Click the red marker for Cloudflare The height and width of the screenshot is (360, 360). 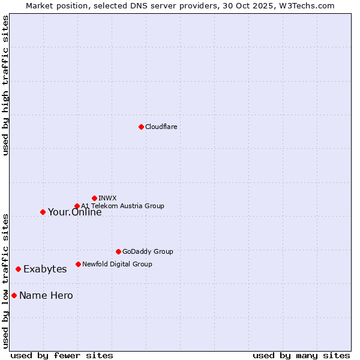pos(141,127)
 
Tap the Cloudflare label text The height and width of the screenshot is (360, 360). pos(161,127)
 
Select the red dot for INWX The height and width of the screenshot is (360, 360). pos(94,198)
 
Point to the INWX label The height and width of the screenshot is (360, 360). pos(107,198)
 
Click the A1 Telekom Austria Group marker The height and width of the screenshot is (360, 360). pos(77,206)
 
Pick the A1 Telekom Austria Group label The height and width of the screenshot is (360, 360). pos(122,206)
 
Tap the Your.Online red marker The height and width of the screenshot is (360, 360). pos(43,212)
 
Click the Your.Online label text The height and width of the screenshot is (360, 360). pos(74,212)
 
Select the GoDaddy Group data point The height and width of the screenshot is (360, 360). pos(118,251)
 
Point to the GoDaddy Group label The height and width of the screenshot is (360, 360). pos(147,251)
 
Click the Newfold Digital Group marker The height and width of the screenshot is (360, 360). pos(78,264)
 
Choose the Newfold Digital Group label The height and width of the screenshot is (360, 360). pos(117,264)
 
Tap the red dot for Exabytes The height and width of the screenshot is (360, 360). pos(18,269)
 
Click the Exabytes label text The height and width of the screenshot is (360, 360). pos(45,269)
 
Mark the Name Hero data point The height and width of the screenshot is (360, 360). pos(14,295)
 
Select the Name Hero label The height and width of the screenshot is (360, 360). pos(46,295)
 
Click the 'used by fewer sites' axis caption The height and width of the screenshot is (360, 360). pos(62,355)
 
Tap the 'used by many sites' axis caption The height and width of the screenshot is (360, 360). pos(301,355)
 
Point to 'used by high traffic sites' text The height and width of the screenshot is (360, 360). pos(5,85)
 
